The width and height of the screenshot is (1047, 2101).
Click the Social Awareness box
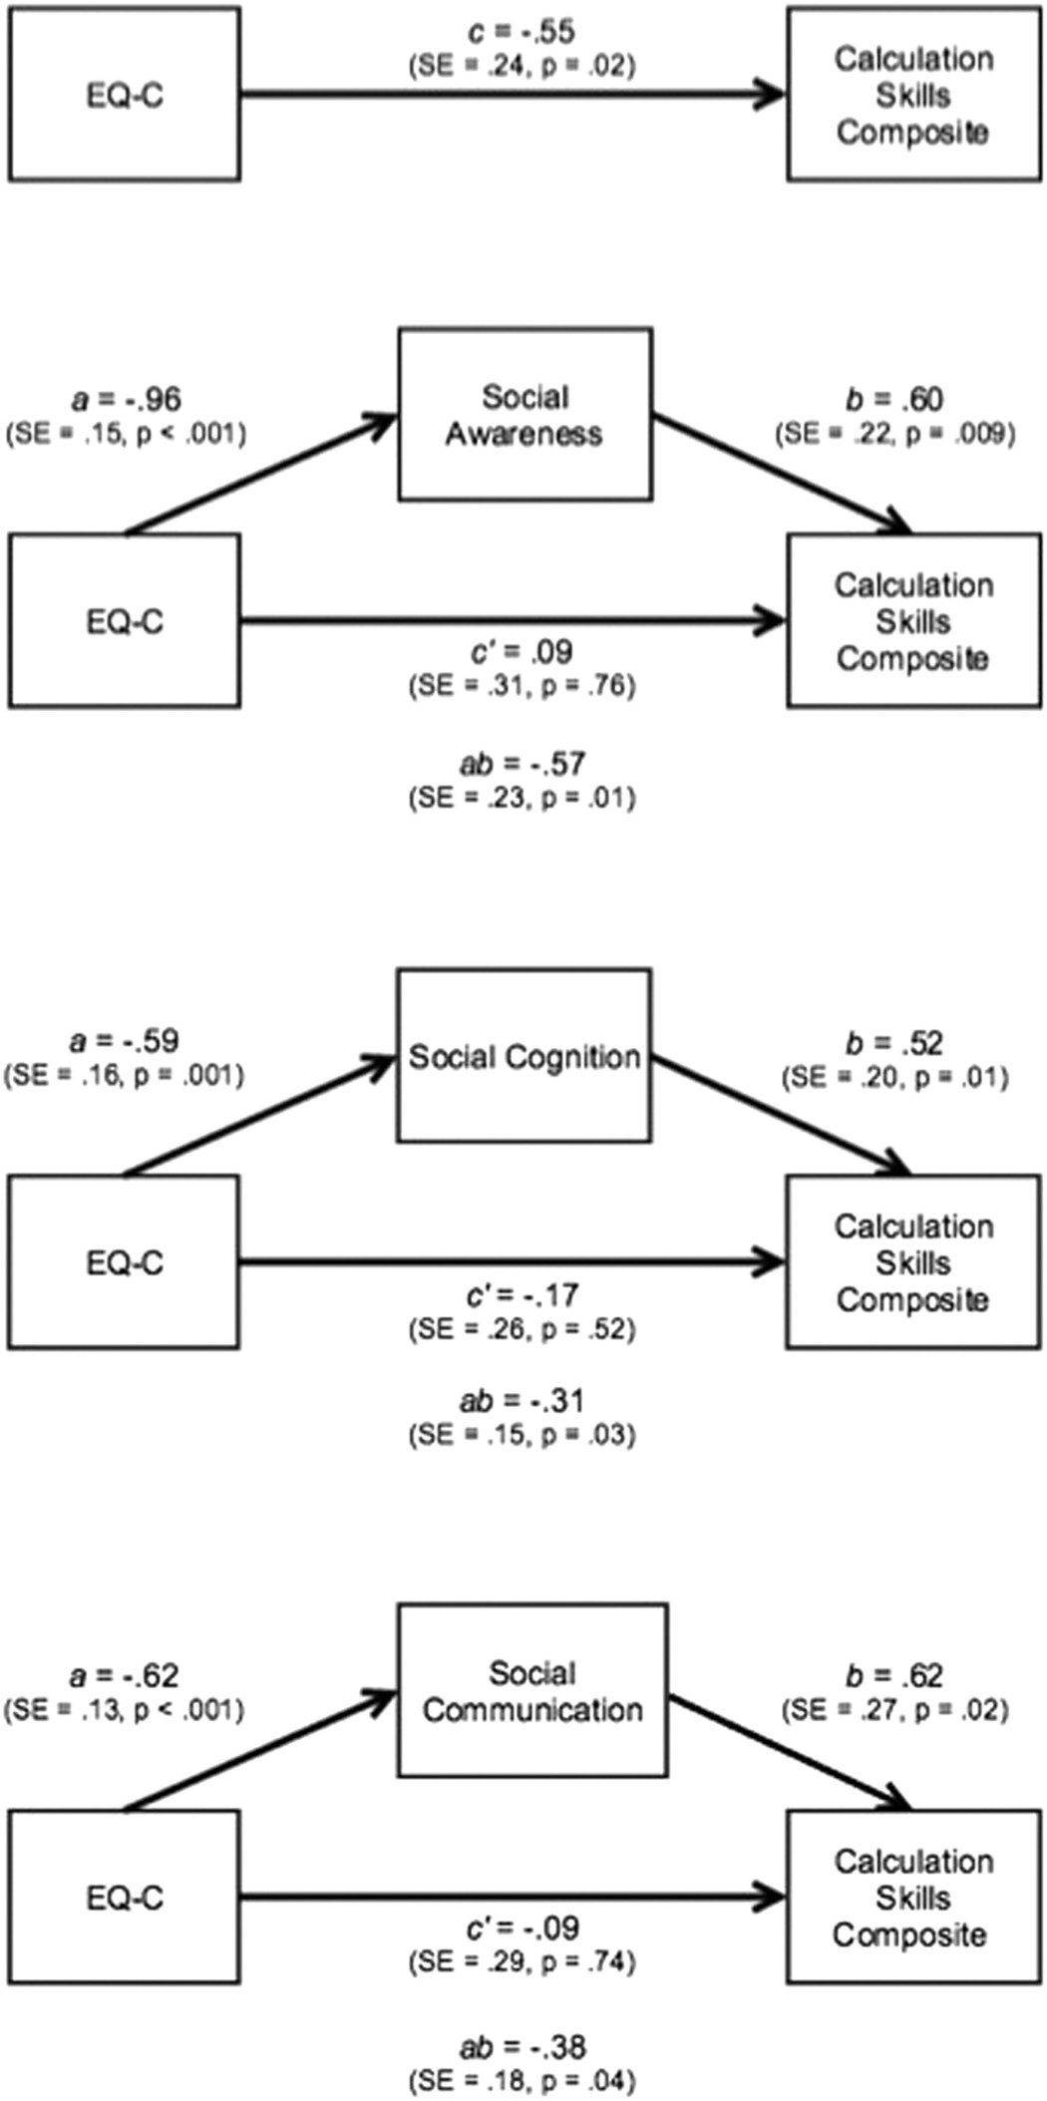(x=525, y=415)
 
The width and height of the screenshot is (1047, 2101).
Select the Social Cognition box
(x=524, y=1056)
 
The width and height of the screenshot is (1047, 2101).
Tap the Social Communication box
(x=532, y=1691)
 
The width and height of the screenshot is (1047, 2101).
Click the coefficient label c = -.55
(x=522, y=32)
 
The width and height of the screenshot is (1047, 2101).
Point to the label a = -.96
(x=127, y=400)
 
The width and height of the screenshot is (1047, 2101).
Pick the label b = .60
(x=894, y=400)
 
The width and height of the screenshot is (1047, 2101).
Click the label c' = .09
(x=522, y=652)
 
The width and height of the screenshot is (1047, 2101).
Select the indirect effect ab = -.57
(x=522, y=765)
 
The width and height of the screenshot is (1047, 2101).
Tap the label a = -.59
(x=125, y=1041)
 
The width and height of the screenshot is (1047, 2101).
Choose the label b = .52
(x=894, y=1043)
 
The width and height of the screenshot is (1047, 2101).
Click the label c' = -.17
(x=522, y=1295)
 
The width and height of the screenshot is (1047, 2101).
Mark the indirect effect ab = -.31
(x=522, y=1401)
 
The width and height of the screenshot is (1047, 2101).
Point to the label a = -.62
(x=125, y=1676)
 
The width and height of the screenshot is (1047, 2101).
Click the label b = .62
(x=894, y=1676)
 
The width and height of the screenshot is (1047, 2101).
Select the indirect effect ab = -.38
(x=522, y=2047)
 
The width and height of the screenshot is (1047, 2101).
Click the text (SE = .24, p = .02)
(x=522, y=66)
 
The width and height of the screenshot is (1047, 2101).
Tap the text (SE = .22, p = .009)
(x=894, y=434)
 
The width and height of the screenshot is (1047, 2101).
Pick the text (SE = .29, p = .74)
(x=522, y=1962)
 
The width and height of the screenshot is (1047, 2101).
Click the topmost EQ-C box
(x=125, y=95)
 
